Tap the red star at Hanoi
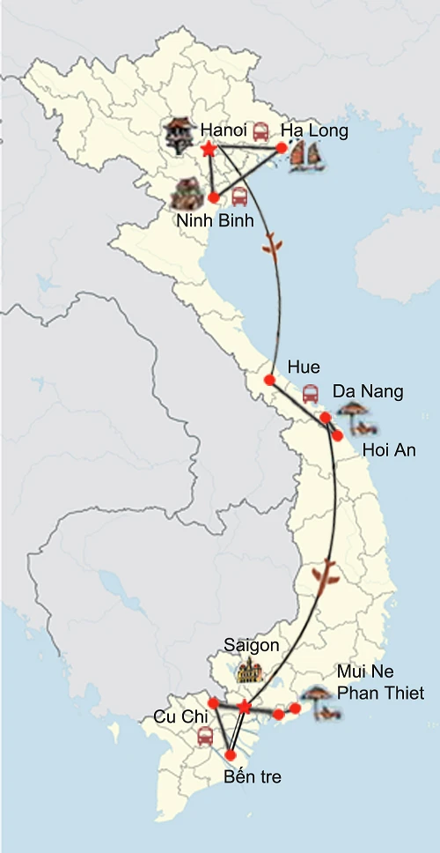(208, 150)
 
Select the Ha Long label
(314, 130)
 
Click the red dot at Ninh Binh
(213, 197)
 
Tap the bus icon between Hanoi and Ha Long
(261, 132)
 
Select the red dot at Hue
(270, 381)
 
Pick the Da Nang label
(367, 390)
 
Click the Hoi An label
(389, 450)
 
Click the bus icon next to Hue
(311, 394)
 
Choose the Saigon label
(251, 645)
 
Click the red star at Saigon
(245, 707)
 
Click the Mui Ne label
(363, 671)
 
